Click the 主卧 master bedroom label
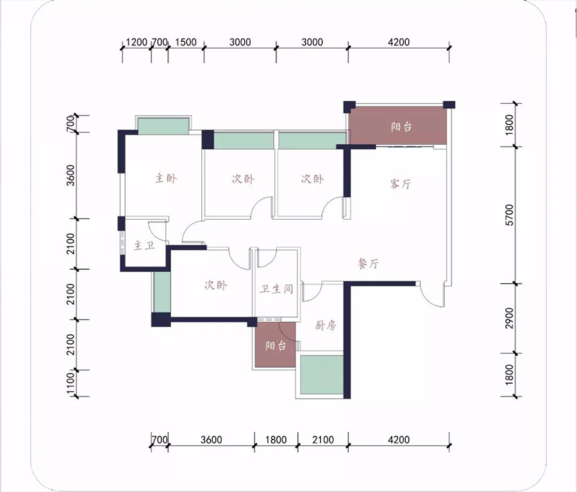[165, 179]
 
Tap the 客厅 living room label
[400, 183]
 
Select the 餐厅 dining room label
[369, 263]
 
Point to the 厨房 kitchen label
[326, 325]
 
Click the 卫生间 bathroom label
[276, 289]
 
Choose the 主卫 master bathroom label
[144, 245]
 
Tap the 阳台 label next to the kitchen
[276, 346]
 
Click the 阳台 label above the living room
[401, 127]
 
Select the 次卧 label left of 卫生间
[216, 285]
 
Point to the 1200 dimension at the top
[137, 42]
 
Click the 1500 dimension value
[186, 42]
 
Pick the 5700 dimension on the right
[510, 215]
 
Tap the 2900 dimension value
[510, 318]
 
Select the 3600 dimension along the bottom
[211, 439]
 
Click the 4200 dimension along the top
[399, 42]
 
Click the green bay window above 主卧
[163, 126]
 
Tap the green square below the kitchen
[322, 374]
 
